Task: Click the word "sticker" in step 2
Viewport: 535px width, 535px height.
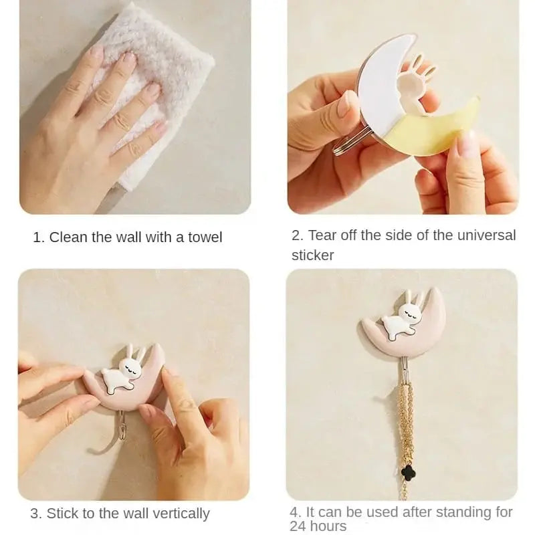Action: [x=312, y=255]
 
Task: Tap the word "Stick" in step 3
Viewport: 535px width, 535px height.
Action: [x=64, y=514]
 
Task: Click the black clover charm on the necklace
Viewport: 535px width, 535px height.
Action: [x=405, y=471]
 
